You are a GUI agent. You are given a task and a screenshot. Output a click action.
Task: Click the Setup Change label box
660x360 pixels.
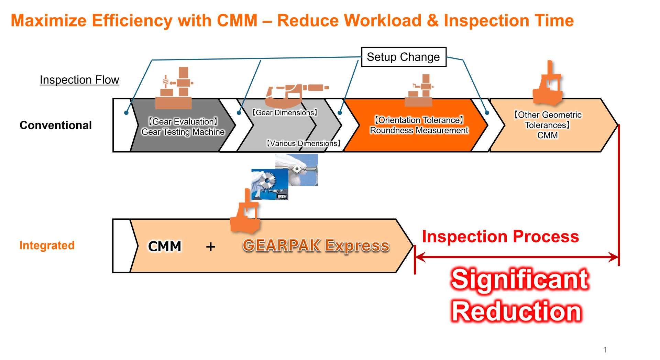pyautogui.click(x=404, y=57)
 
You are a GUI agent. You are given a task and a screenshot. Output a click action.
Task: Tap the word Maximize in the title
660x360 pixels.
pyautogui.click(x=48, y=21)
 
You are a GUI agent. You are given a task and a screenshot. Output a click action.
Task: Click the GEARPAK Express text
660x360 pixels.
pyautogui.click(x=316, y=246)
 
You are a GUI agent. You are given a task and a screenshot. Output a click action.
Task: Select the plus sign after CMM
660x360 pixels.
pyautogui.click(x=211, y=247)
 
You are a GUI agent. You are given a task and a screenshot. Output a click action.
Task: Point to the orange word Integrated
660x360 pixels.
pyautogui.click(x=47, y=245)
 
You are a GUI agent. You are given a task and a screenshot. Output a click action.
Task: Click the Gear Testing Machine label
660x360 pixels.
pyautogui.click(x=183, y=132)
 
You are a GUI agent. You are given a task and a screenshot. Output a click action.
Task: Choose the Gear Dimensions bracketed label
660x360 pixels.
pyautogui.click(x=285, y=113)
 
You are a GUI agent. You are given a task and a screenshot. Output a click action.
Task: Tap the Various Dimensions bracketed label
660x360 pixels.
pyautogui.click(x=303, y=143)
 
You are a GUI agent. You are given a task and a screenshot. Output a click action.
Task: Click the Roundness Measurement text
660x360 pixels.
pyautogui.click(x=419, y=131)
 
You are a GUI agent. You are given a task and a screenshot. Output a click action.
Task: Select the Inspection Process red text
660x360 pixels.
pyautogui.click(x=500, y=237)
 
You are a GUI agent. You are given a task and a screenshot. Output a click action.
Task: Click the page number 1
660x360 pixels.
pyautogui.click(x=605, y=350)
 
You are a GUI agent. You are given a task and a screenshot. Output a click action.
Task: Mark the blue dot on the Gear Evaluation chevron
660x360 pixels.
pyautogui.click(x=126, y=113)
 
